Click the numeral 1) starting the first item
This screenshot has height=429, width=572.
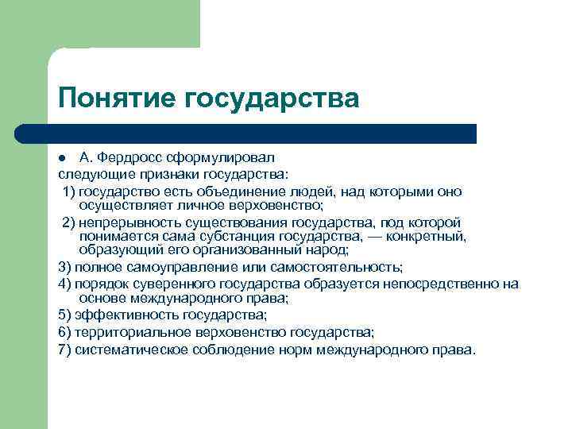[70, 191]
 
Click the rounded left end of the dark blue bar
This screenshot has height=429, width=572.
[22, 133]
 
